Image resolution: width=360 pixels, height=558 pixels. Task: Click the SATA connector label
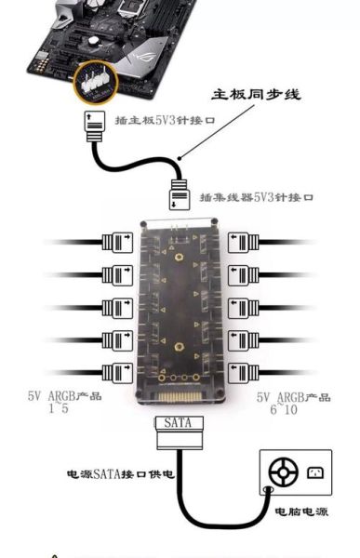click(177, 422)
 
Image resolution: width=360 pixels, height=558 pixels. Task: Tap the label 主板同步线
click(258, 95)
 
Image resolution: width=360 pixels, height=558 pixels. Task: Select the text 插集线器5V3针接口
click(256, 197)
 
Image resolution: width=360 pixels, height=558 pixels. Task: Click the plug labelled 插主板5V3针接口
click(97, 124)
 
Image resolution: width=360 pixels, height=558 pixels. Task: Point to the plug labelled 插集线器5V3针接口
click(180, 196)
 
